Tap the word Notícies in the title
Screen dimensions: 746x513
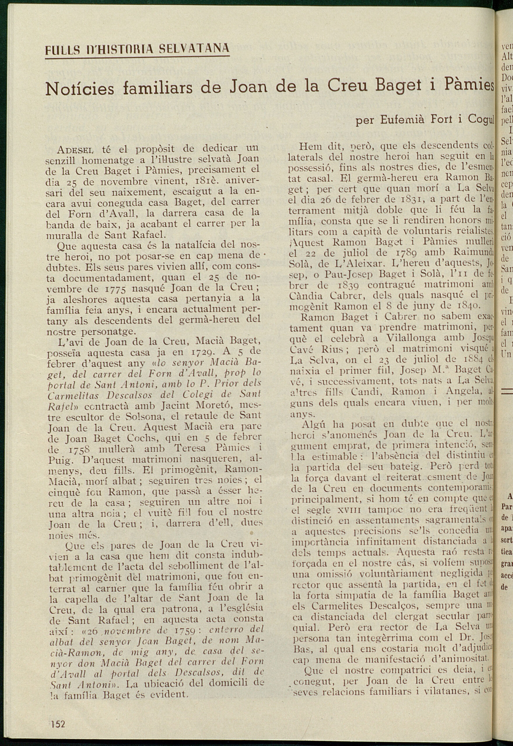point(80,89)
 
